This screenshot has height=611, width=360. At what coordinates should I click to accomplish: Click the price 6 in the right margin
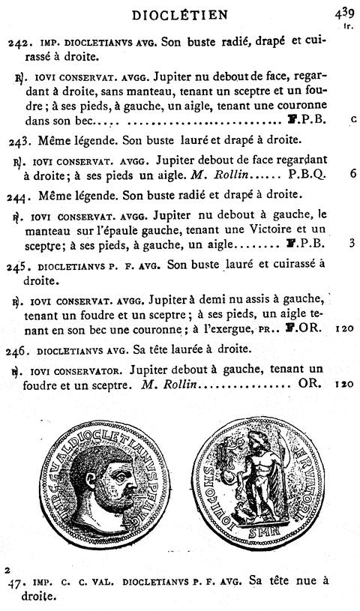351,173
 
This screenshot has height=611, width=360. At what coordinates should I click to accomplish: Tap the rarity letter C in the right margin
352,118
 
